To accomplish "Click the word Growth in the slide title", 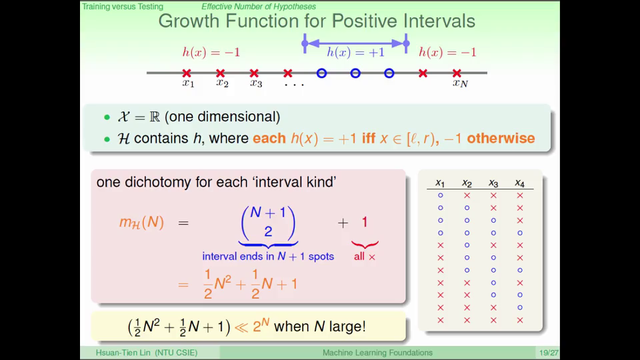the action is click(x=189, y=21).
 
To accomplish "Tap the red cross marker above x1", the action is click(x=187, y=73).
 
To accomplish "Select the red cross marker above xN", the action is click(x=457, y=73).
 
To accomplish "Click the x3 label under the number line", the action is click(x=256, y=83).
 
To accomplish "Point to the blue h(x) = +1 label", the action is click(x=355, y=52).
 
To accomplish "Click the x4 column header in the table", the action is click(x=519, y=183).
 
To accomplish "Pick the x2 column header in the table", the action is click(x=467, y=183).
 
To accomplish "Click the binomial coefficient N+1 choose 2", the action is click(x=268, y=223).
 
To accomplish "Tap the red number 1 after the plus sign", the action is click(x=365, y=222).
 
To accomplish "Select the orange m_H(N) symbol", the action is click(x=141, y=223).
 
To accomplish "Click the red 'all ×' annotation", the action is click(x=365, y=257).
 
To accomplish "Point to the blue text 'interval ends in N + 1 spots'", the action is click(x=268, y=256).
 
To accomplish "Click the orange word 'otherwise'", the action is click(x=501, y=139).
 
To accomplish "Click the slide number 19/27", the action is click(x=549, y=353).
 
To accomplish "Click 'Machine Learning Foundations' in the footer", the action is click(x=377, y=353).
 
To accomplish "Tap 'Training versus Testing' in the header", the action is click(x=123, y=7).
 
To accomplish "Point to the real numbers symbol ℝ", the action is click(x=155, y=117).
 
